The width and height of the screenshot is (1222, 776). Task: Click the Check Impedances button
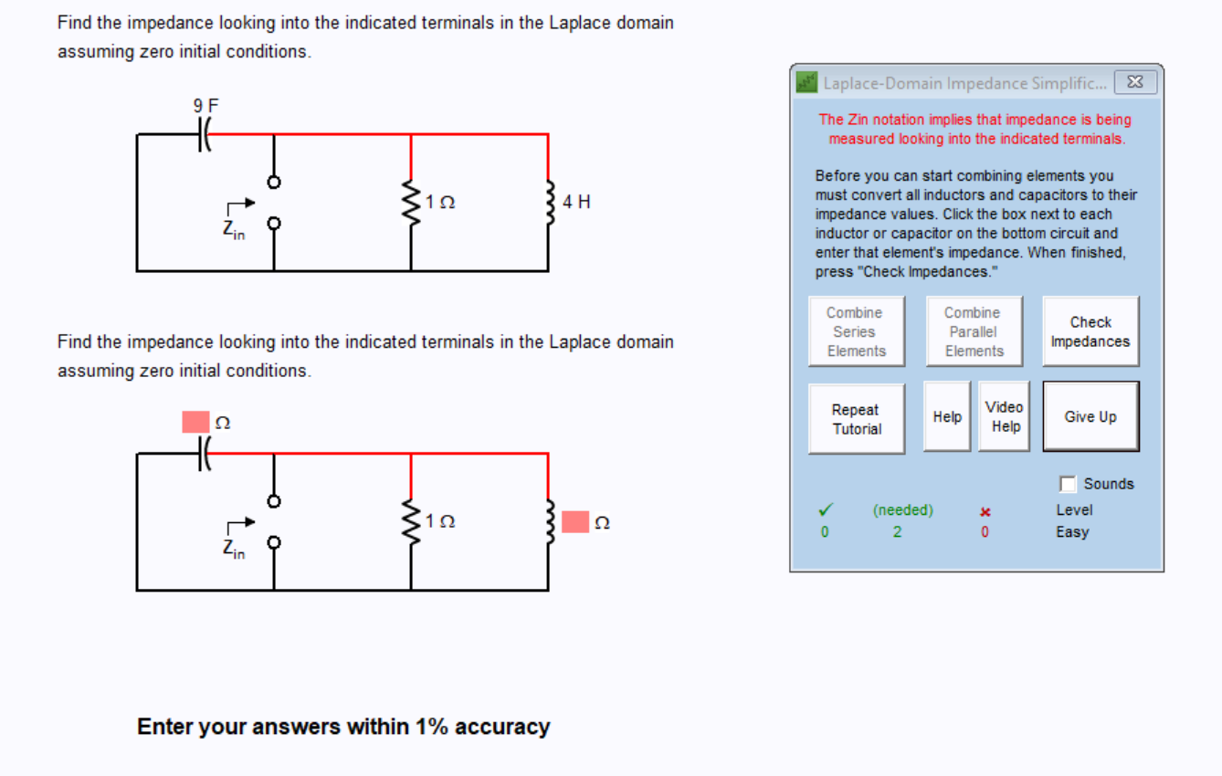(1090, 331)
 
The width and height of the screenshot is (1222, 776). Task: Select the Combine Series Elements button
(856, 331)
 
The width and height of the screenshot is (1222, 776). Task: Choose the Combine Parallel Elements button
(974, 331)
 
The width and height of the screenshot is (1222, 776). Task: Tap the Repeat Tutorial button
(856, 419)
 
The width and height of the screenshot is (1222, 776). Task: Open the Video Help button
(1005, 416)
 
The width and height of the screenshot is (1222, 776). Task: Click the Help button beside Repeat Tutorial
(947, 416)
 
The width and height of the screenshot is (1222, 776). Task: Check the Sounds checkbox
(1068, 484)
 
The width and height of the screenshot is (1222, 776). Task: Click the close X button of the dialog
(1135, 82)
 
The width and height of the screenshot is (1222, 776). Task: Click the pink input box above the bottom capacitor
(195, 422)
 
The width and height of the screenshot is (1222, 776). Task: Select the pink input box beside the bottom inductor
(574, 522)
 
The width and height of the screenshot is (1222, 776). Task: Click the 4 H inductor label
(576, 202)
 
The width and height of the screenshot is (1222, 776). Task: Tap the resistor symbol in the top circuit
(411, 203)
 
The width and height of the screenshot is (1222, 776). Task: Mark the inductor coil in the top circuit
(548, 203)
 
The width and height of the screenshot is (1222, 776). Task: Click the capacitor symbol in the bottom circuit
(203, 454)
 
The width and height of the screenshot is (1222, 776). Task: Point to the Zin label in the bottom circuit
(234, 549)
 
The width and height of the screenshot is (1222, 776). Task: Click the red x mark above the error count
(985, 511)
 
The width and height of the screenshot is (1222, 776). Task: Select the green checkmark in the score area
(825, 510)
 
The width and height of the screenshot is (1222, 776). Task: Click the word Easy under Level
(1072, 531)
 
